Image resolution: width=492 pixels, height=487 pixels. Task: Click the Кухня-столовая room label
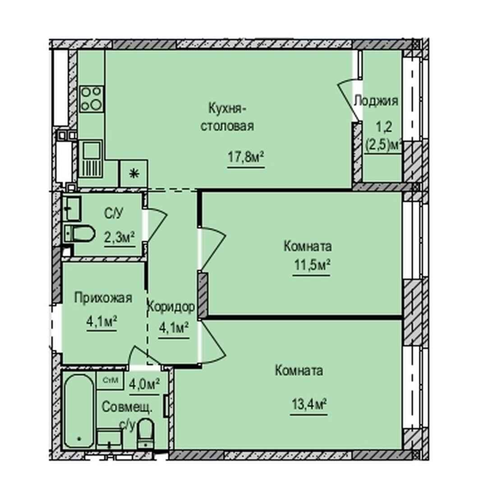(227, 117)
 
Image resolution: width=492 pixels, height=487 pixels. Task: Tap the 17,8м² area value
(246, 156)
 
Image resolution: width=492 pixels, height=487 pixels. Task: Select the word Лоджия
(376, 101)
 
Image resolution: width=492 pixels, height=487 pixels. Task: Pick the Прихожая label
(103, 298)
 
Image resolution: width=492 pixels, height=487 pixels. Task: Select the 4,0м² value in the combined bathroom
(144, 383)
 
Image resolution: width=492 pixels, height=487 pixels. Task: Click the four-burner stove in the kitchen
(92, 99)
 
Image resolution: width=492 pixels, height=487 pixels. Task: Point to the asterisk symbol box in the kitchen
(134, 174)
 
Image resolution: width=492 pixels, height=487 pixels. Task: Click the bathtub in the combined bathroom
(79, 411)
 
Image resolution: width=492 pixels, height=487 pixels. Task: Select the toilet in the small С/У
(79, 234)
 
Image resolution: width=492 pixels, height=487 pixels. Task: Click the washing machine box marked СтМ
(110, 380)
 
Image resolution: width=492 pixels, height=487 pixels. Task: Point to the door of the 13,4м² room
(213, 342)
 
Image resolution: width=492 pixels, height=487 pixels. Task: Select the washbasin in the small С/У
(73, 208)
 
